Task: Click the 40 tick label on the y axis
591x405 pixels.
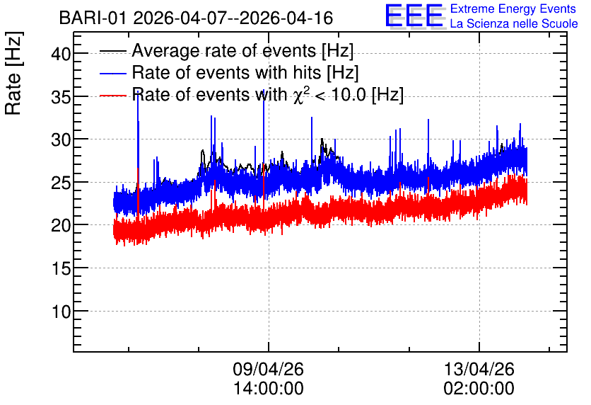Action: (61, 54)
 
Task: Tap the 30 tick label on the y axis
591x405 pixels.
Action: (61, 140)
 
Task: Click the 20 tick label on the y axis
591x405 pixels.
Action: (61, 226)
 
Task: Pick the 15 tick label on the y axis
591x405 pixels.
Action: (61, 269)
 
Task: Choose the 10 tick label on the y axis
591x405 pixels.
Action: (61, 312)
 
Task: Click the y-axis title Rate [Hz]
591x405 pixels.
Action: (13, 73)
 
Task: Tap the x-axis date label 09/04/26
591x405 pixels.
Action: (268, 369)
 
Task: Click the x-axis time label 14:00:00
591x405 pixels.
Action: (268, 389)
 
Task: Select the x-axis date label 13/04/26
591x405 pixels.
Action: (479, 369)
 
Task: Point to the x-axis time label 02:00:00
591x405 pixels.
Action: (479, 389)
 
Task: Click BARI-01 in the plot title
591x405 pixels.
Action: (93, 18)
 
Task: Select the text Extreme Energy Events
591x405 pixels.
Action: (513, 8)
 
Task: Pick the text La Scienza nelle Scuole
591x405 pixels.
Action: (514, 23)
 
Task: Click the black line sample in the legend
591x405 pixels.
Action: (112, 51)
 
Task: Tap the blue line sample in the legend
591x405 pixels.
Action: (112, 73)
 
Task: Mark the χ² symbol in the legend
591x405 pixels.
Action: (299, 95)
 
